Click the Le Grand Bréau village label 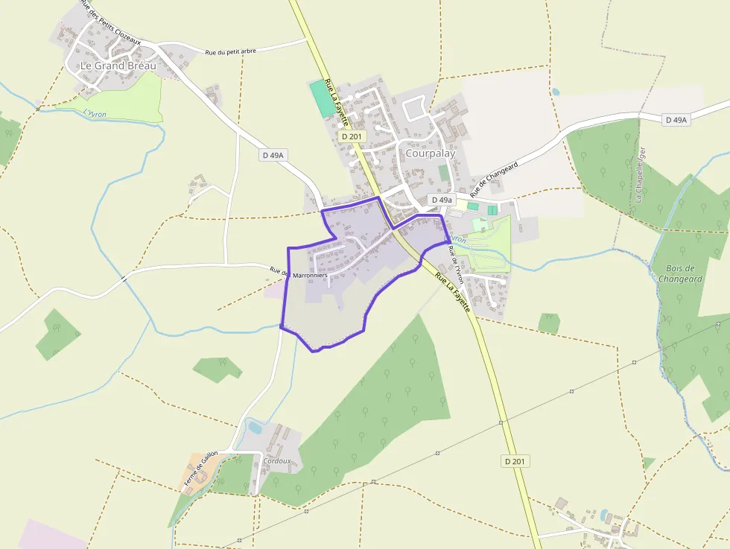coord(118,66)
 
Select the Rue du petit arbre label coord(230,51)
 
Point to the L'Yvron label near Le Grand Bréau coord(95,113)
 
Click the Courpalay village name coord(431,153)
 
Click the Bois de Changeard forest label coord(680,273)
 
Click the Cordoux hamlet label coord(277,461)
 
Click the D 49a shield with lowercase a coord(441,200)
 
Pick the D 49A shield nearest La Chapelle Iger coord(677,120)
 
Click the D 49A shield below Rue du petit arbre coord(273,155)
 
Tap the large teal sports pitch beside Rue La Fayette coord(322,98)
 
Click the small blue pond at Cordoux coord(255,428)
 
